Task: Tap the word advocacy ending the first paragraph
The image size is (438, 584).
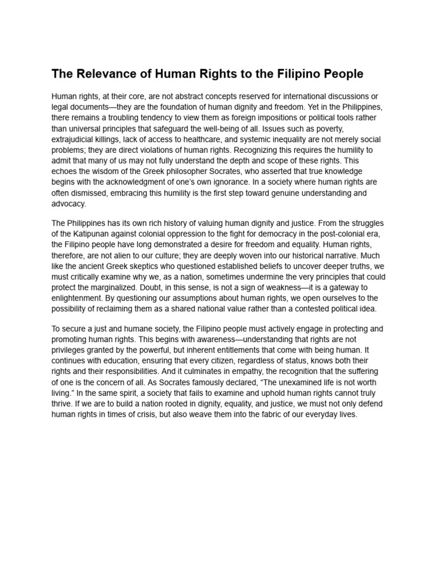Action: [x=68, y=204]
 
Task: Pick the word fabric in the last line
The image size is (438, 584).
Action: [x=265, y=415]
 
